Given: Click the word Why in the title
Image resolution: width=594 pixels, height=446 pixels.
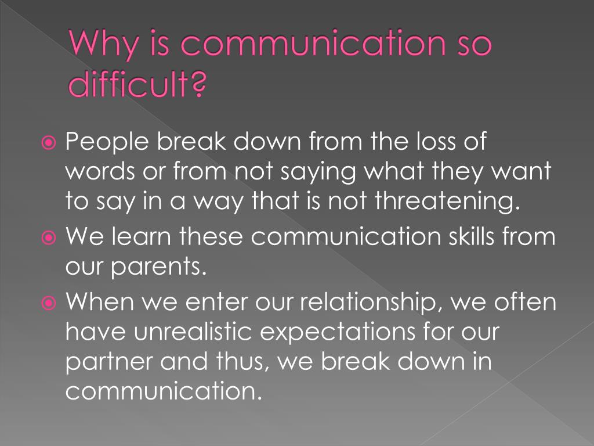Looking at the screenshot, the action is (x=103, y=44).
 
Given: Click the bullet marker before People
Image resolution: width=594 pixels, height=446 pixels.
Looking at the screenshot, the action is (x=49, y=143).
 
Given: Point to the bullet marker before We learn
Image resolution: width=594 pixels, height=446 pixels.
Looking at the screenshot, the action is (x=49, y=238).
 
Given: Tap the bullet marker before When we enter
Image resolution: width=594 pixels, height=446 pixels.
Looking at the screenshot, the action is (x=49, y=303).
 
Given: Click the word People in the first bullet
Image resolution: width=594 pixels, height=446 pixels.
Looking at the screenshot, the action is (x=107, y=143).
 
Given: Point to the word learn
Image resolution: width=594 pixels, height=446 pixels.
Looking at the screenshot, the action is (x=141, y=236).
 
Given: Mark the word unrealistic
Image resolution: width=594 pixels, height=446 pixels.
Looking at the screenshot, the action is (x=193, y=331).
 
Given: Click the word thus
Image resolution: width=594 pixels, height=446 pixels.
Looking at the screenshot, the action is (x=242, y=361).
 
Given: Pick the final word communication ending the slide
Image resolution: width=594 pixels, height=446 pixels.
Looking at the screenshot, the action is (x=164, y=390).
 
